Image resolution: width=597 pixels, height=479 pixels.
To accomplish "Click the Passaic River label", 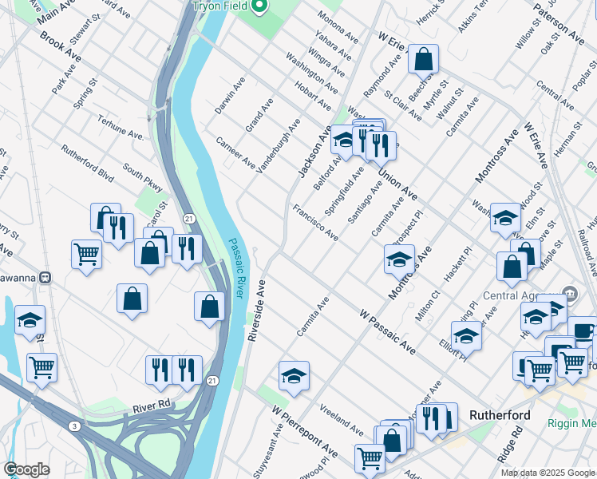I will pos(236,268).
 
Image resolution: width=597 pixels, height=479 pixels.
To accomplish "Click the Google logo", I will pos(27,469).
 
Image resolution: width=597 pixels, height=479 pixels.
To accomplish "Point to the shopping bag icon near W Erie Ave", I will pos(423,58).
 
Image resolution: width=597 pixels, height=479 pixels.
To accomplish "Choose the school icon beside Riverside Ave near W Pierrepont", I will pos(294,375).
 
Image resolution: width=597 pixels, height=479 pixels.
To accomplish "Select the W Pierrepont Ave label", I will pos(304,431).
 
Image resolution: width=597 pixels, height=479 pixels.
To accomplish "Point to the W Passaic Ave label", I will pos(387,332).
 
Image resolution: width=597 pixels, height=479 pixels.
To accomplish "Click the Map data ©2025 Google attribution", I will pos(548,473).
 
